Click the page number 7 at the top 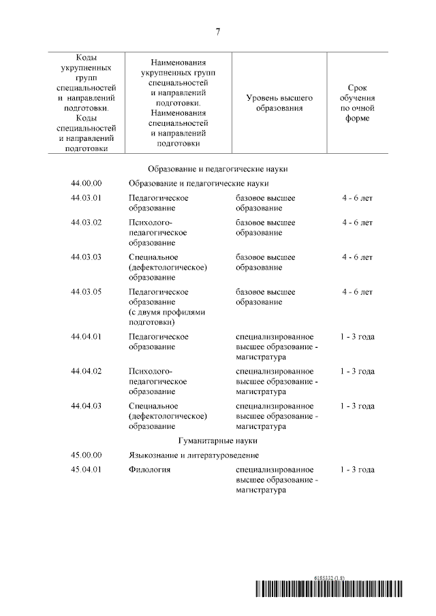[x=218, y=32]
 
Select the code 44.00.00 [x=86, y=183]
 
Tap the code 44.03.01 [x=86, y=198]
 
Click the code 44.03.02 [x=86, y=223]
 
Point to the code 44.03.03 [x=86, y=257]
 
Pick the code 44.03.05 [x=86, y=292]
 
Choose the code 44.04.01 [x=86, y=336]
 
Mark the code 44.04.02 [x=86, y=371]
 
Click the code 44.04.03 [x=86, y=406]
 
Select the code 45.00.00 [x=86, y=455]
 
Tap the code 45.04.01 [x=86, y=470]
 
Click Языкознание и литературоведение [x=193, y=455]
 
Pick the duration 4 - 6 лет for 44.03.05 [x=357, y=292]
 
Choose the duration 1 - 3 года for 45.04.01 [x=357, y=470]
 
